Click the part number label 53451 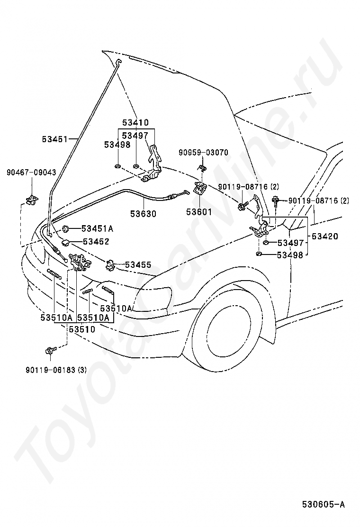click(55, 139)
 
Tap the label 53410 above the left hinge click(135, 122)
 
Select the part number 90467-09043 click(31, 173)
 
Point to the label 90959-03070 click(203, 153)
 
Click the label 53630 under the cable click(144, 214)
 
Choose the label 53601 click(199, 212)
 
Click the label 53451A click(98, 229)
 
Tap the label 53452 click(96, 242)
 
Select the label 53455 click(138, 265)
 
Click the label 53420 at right click(325, 236)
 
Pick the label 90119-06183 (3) click(56, 370)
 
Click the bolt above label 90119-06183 click(50, 351)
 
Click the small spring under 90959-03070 click(203, 168)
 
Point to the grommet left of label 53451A click(66, 229)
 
